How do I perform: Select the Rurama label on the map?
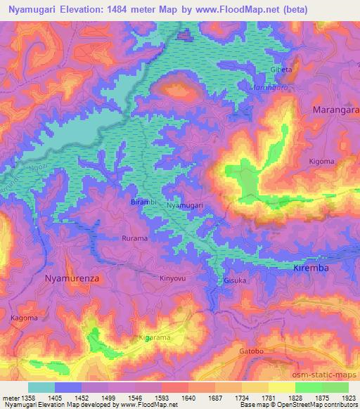(135, 238)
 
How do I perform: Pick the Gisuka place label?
(236, 280)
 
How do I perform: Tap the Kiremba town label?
(311, 268)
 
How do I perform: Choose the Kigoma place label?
(321, 162)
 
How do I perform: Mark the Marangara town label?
(336, 111)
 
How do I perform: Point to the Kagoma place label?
(25, 318)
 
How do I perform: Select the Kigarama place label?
(154, 338)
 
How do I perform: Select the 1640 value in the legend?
(186, 397)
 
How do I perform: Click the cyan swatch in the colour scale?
(41, 387)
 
